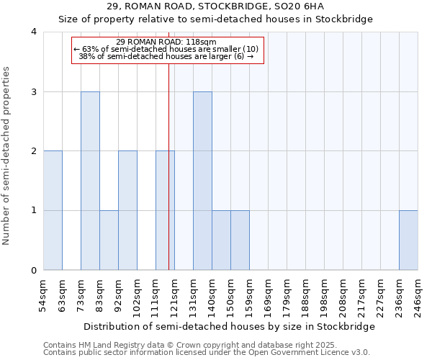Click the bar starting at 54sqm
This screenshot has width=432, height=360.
pyautogui.click(x=53, y=210)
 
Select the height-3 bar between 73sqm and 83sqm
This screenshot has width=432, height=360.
pyautogui.click(x=90, y=181)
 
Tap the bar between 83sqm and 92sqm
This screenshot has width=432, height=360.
pyautogui.click(x=109, y=240)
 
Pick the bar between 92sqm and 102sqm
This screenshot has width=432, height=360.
pyautogui.click(x=127, y=210)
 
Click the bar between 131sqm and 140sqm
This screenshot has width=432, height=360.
pyautogui.click(x=202, y=181)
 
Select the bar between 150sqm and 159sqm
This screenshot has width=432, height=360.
pyautogui.click(x=240, y=240)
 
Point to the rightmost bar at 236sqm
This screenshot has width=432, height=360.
pyautogui.click(x=408, y=240)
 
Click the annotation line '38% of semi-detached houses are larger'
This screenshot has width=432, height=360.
pyautogui.click(x=166, y=56)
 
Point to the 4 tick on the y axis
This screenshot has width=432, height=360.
pyautogui.click(x=34, y=32)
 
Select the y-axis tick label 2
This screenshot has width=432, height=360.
pyautogui.click(x=34, y=151)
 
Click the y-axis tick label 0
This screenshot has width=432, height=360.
pyautogui.click(x=34, y=271)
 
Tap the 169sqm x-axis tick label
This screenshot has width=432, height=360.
pyautogui.click(x=268, y=296)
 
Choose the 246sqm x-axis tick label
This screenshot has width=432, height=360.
pyautogui.click(x=418, y=296)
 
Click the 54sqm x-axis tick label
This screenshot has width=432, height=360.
pyautogui.click(x=43, y=294)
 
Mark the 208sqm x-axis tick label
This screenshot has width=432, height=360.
pyautogui.click(x=343, y=296)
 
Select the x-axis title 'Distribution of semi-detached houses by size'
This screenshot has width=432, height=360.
pyautogui.click(x=229, y=326)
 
